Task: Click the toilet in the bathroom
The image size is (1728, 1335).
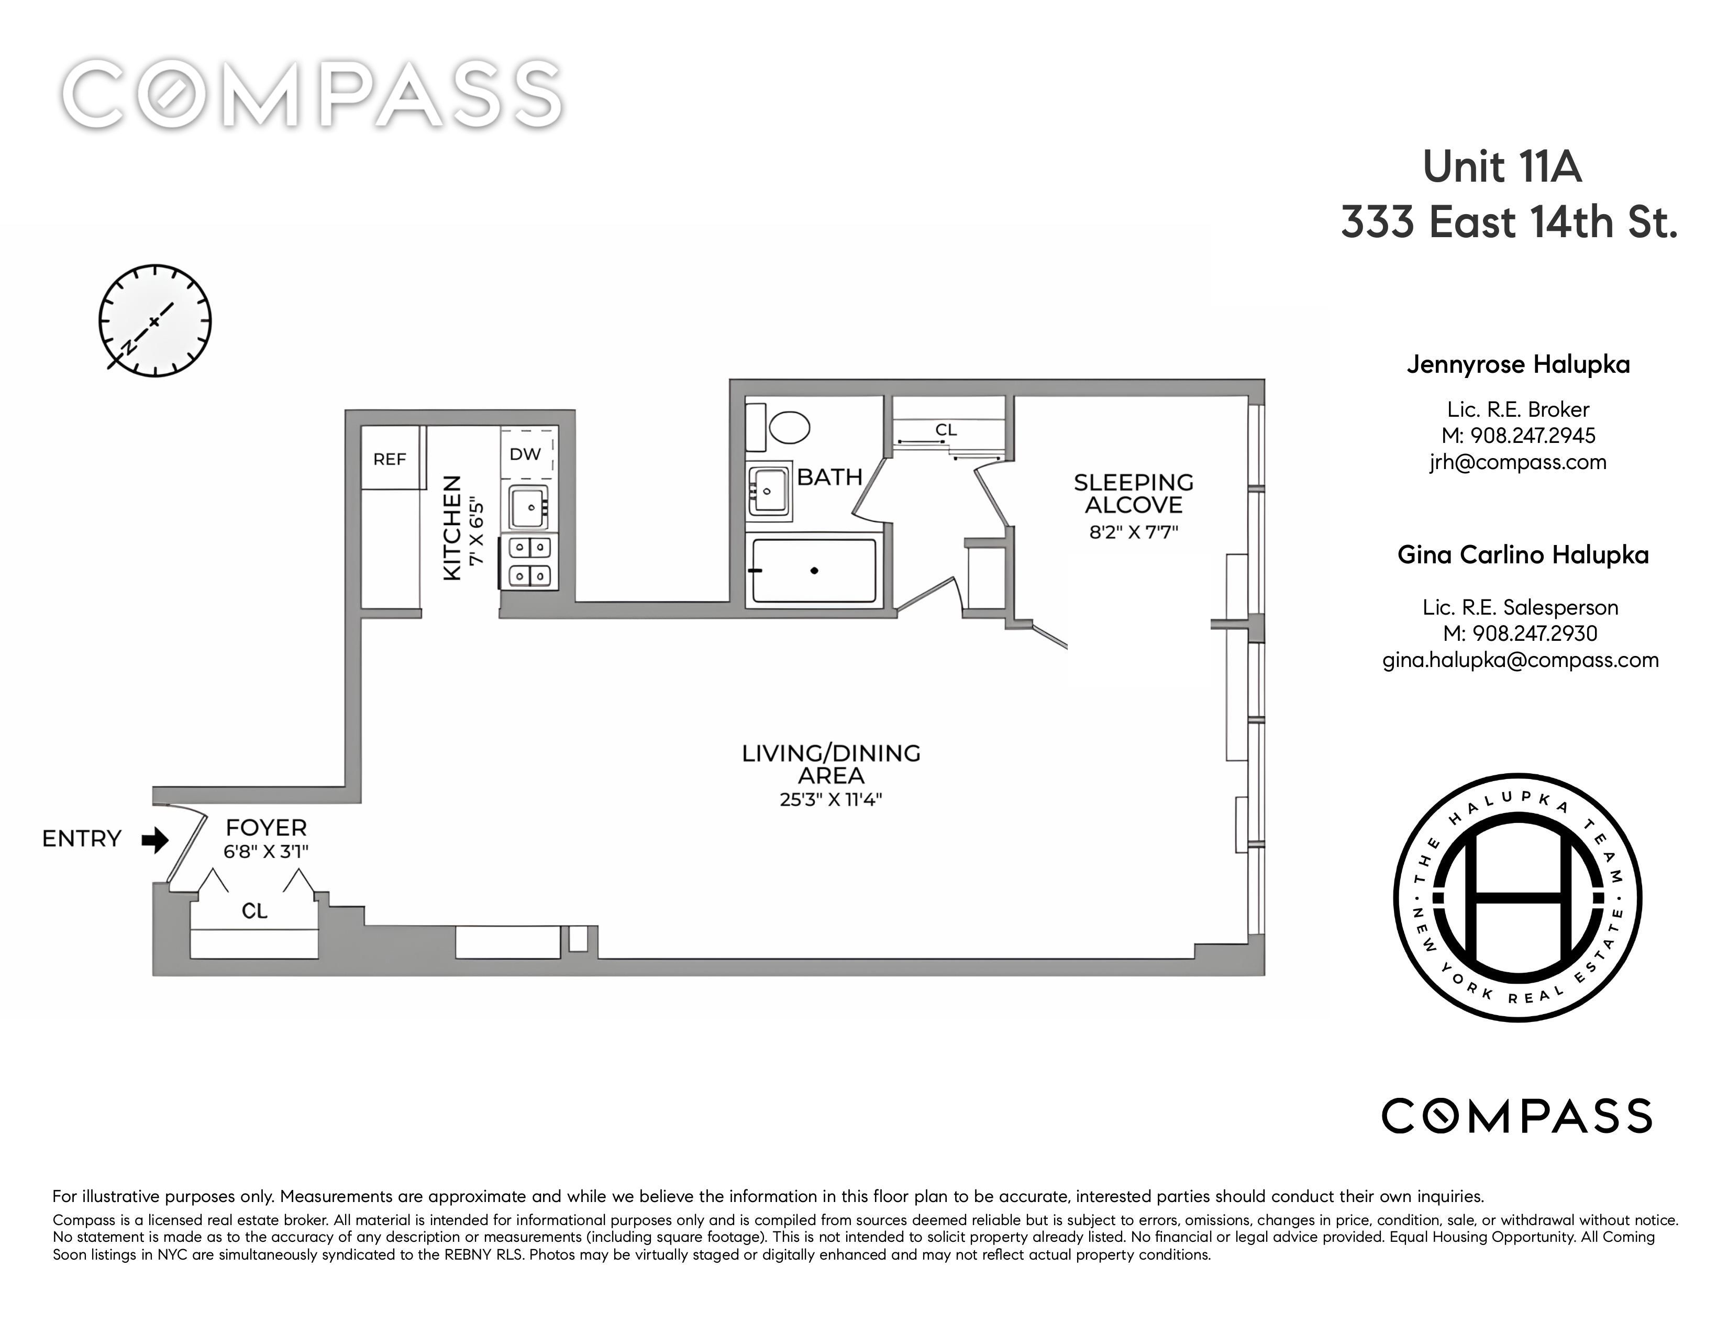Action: point(779,427)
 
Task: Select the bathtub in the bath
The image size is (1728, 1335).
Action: point(814,570)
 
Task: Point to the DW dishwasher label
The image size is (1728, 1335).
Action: point(525,454)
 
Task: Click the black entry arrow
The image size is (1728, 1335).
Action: point(155,839)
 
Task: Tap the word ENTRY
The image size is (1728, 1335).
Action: point(82,838)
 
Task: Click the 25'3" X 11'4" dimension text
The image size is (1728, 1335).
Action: point(831,799)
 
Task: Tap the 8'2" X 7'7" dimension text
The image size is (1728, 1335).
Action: point(1133,531)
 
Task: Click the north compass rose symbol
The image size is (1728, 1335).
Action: point(155,321)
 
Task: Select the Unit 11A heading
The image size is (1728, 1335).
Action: point(1502,167)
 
